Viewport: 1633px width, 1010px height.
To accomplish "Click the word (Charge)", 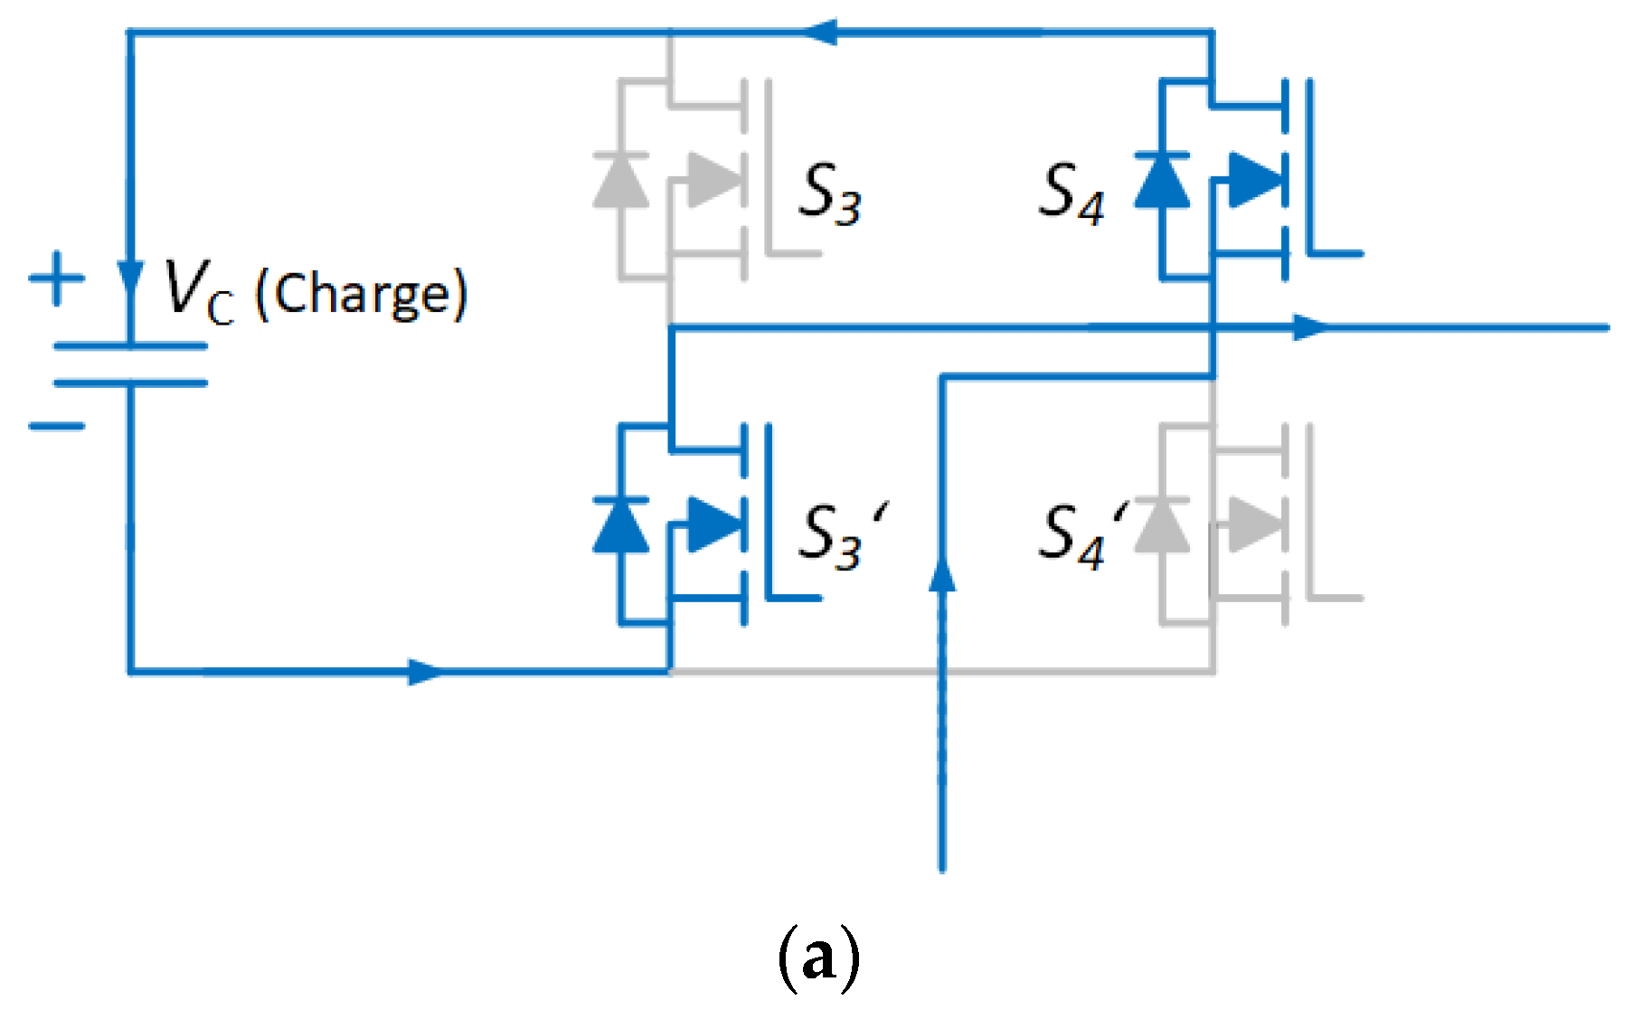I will [x=362, y=295].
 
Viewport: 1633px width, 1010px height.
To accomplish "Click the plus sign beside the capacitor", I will [x=57, y=278].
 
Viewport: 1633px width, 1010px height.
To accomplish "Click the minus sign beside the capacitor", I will [x=57, y=425].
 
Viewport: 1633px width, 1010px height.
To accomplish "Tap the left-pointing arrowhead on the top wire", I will [x=823, y=33].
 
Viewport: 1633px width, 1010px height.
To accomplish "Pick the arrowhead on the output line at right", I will [x=1311, y=327].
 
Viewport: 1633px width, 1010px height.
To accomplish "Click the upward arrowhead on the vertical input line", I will [x=942, y=574].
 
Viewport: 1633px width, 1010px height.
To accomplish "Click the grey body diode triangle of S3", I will [x=620, y=181].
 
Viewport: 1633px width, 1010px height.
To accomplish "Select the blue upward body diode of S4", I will [x=1162, y=181].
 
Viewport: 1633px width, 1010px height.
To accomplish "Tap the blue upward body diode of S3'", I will [x=620, y=525].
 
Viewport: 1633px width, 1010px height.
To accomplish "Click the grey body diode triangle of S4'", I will [x=1162, y=525].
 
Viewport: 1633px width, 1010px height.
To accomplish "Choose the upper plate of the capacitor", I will [x=131, y=345].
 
